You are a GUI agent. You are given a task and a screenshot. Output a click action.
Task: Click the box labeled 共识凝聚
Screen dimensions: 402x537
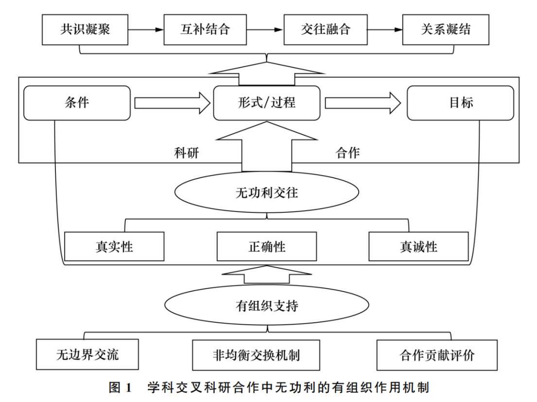point(86,29)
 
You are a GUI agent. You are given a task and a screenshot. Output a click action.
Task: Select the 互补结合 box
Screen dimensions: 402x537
point(206,29)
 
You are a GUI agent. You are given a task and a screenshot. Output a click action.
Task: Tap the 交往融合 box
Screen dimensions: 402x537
point(325,29)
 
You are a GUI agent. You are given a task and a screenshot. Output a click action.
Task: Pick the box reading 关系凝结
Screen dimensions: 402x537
point(446,29)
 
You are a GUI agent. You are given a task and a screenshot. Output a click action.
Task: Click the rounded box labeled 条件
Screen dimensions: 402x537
point(76,103)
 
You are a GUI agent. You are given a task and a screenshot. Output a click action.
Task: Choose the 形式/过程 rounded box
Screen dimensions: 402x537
point(267,103)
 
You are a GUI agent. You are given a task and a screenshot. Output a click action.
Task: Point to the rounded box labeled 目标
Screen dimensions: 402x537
point(461,103)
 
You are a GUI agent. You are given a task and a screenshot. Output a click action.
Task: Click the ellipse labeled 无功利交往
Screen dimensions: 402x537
point(266,193)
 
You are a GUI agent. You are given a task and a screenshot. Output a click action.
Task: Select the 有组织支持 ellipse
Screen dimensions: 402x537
point(266,306)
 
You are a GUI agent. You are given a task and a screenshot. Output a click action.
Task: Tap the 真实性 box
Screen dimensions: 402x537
point(114,246)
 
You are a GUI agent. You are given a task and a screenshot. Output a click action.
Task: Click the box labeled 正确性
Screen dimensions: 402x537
point(267,246)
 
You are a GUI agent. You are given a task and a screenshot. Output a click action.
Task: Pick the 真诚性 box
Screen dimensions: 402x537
point(418,246)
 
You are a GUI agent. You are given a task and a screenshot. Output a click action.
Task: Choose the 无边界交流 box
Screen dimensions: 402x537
point(87,354)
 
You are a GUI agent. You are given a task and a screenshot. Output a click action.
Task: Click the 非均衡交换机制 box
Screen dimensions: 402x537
point(256,354)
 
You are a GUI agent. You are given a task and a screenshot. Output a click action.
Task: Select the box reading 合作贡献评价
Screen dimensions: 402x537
point(437,354)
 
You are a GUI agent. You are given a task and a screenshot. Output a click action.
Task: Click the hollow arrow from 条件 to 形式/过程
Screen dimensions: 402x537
point(172,103)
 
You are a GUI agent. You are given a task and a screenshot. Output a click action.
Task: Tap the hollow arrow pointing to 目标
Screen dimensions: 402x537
point(363,103)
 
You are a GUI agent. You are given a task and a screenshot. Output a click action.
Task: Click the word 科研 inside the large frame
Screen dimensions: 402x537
point(187,153)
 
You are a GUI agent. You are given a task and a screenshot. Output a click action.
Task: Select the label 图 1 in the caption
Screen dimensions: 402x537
point(121,388)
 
